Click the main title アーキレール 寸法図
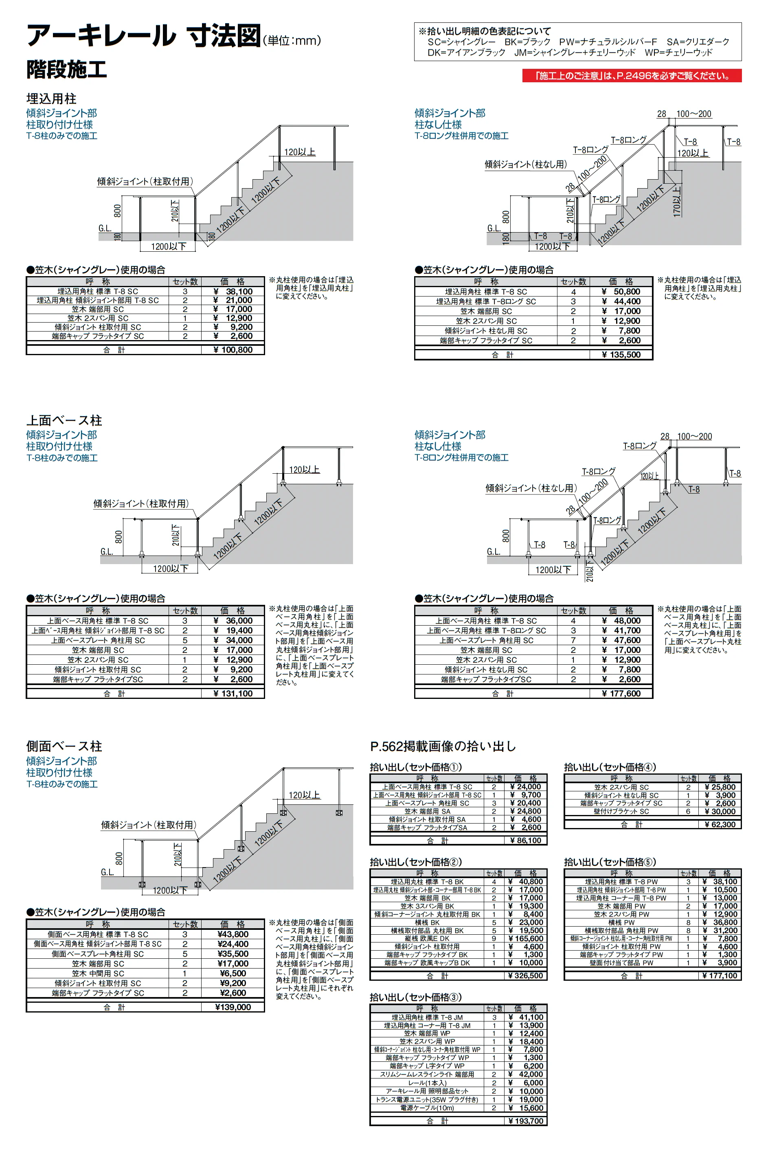coord(143,36)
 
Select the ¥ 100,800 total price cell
coord(233,350)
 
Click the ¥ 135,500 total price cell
coord(621,355)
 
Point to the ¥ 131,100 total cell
coord(233,694)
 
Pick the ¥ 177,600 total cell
coord(621,694)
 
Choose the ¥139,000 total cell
coord(233,1007)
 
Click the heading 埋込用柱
coord(51,99)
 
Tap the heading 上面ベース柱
coord(64,420)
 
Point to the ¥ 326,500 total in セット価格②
coord(526,975)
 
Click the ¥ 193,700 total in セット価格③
coord(526,1120)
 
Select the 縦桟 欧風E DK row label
coord(427,938)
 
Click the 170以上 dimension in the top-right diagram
coord(677,201)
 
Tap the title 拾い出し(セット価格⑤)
coord(610,862)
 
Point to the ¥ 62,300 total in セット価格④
coord(720,824)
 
